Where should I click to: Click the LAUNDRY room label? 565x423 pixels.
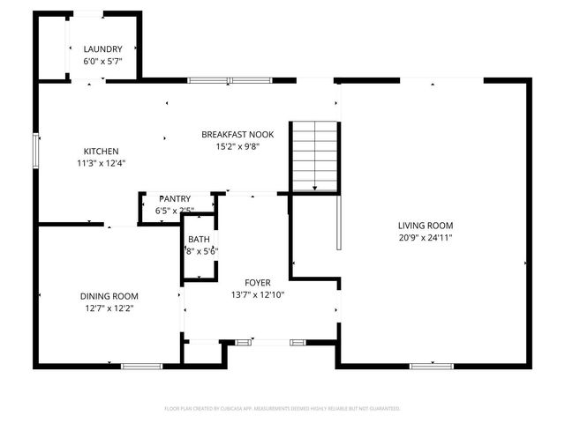[x=102, y=48]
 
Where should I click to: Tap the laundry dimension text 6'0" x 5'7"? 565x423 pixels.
[x=102, y=61]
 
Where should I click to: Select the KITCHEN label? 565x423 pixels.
[x=101, y=151]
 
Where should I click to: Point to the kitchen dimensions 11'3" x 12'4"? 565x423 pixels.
[x=101, y=163]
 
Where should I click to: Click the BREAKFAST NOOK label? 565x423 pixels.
[x=237, y=134]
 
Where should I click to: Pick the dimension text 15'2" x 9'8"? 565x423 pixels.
[x=237, y=146]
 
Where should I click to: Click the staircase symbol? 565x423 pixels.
[x=315, y=155]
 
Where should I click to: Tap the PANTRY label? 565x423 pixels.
[x=175, y=199]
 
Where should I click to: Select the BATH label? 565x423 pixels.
[x=199, y=239]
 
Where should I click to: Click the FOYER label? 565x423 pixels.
[x=258, y=282]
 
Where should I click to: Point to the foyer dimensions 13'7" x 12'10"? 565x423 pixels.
[x=258, y=294]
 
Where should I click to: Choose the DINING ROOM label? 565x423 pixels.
[x=109, y=296]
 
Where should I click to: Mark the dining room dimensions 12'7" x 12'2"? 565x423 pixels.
[x=109, y=308]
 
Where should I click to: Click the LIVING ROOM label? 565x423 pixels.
[x=426, y=225]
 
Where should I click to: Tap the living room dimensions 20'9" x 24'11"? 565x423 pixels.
[x=426, y=237]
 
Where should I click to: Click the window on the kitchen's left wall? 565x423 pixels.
[x=36, y=150]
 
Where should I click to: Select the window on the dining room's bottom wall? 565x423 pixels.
[x=141, y=366]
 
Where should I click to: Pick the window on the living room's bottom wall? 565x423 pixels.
[x=432, y=366]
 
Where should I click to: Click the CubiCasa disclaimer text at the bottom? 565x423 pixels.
[x=282, y=409]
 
